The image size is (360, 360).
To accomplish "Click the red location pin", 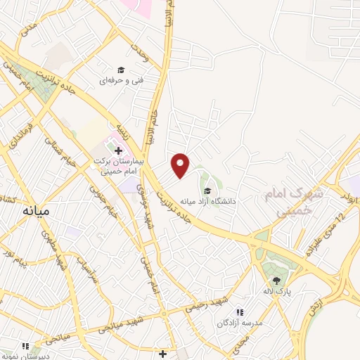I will pos(181,165).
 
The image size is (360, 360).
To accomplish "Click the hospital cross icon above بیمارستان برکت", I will pos(118,150).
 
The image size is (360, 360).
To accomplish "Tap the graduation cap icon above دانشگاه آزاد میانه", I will pos(207,191).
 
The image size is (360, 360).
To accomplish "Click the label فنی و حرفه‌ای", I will pos(121,81).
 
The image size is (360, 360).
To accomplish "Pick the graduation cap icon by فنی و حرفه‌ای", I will pos(121,70).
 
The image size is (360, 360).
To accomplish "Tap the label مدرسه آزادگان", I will pos(240,323).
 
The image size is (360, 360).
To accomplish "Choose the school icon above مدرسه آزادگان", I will pos(240,311).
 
